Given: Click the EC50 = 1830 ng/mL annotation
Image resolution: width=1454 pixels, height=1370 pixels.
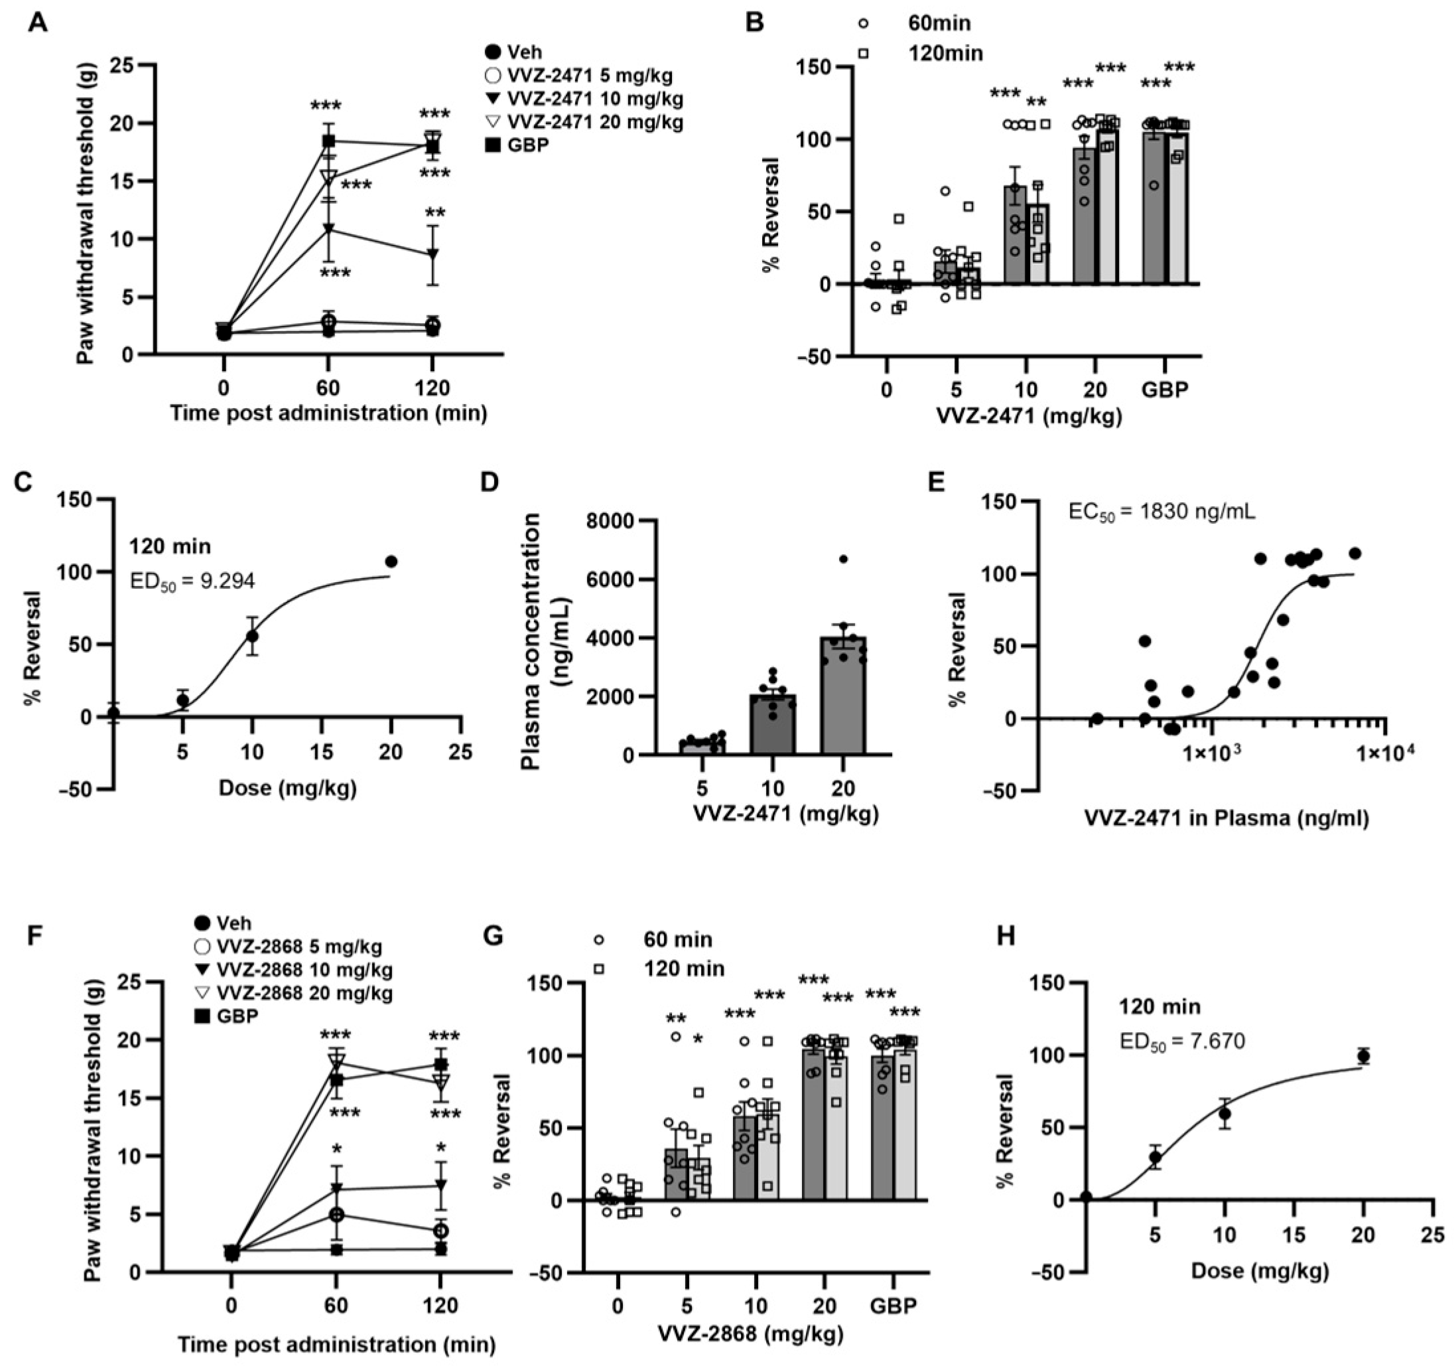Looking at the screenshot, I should coord(1161,512).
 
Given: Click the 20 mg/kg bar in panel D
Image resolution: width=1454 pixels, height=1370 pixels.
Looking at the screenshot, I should coord(842,695).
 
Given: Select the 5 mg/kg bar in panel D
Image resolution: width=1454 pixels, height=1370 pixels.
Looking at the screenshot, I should coord(702,747).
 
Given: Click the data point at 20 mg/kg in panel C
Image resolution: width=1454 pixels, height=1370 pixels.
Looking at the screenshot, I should coord(391,562).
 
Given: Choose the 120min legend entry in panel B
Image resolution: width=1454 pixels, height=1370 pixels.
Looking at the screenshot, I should coord(945,53).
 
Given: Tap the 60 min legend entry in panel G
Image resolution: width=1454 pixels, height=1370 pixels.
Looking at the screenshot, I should coord(677,939).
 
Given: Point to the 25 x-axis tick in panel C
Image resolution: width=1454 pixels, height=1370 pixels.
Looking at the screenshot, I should coord(460,751).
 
